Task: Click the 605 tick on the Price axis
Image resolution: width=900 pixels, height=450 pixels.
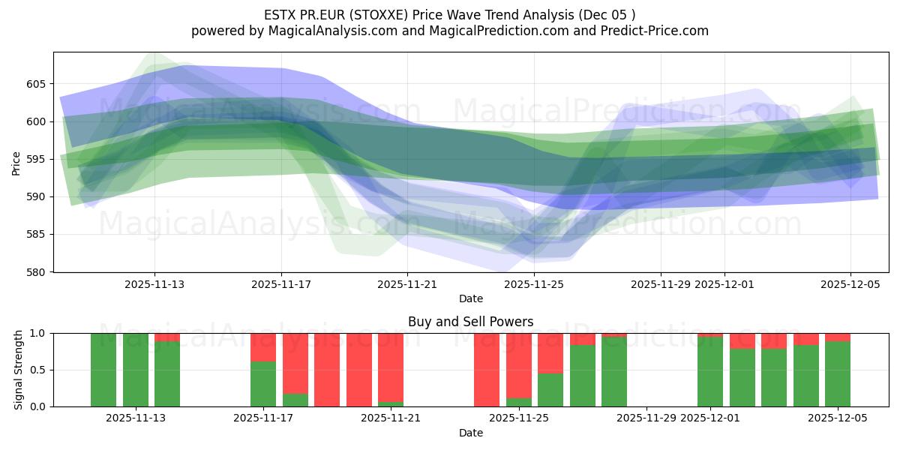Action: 37,84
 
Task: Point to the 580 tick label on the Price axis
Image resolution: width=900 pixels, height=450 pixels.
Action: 37,272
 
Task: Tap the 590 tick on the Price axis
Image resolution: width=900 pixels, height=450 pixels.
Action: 37,197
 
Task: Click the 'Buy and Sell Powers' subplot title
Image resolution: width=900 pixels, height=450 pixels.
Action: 470,322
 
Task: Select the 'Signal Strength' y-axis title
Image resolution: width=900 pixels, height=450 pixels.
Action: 18,370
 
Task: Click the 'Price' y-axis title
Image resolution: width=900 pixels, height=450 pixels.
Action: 16,162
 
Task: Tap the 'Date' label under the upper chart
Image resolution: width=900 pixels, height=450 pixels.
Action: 470,298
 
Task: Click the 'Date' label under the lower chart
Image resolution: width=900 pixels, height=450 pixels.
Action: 470,433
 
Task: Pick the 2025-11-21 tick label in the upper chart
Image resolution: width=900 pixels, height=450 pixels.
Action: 407,284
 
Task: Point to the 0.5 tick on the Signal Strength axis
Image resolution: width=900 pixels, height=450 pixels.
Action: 37,370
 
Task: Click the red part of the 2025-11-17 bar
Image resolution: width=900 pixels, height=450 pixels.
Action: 262,346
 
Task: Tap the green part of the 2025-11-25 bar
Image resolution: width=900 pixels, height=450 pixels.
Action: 518,402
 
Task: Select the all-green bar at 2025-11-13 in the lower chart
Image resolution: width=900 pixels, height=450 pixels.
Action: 135,370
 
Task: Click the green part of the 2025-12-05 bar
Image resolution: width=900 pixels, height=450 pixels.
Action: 837,375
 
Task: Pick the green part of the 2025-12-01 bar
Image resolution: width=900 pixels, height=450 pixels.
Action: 709,372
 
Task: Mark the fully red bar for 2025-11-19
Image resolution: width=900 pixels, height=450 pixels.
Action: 327,370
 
